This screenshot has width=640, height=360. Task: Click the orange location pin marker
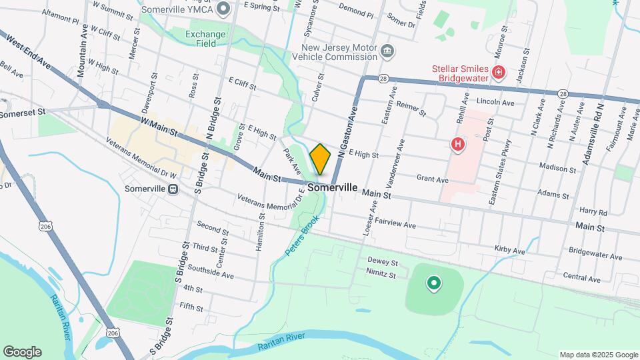321,159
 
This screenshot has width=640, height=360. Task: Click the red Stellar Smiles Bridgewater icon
497,72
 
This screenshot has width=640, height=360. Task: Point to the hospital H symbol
457,143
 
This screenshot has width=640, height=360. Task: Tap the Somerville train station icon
173,189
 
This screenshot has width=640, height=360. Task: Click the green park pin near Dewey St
434,285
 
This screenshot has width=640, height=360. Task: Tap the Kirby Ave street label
510,249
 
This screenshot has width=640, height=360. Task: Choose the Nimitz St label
381,273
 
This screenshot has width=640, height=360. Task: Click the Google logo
22,352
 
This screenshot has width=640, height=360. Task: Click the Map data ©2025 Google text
597,355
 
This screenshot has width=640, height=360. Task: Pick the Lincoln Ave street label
495,102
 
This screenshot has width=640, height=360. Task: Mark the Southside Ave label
211,265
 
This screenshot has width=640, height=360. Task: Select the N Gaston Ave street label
348,129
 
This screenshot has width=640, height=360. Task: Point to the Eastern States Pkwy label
501,163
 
